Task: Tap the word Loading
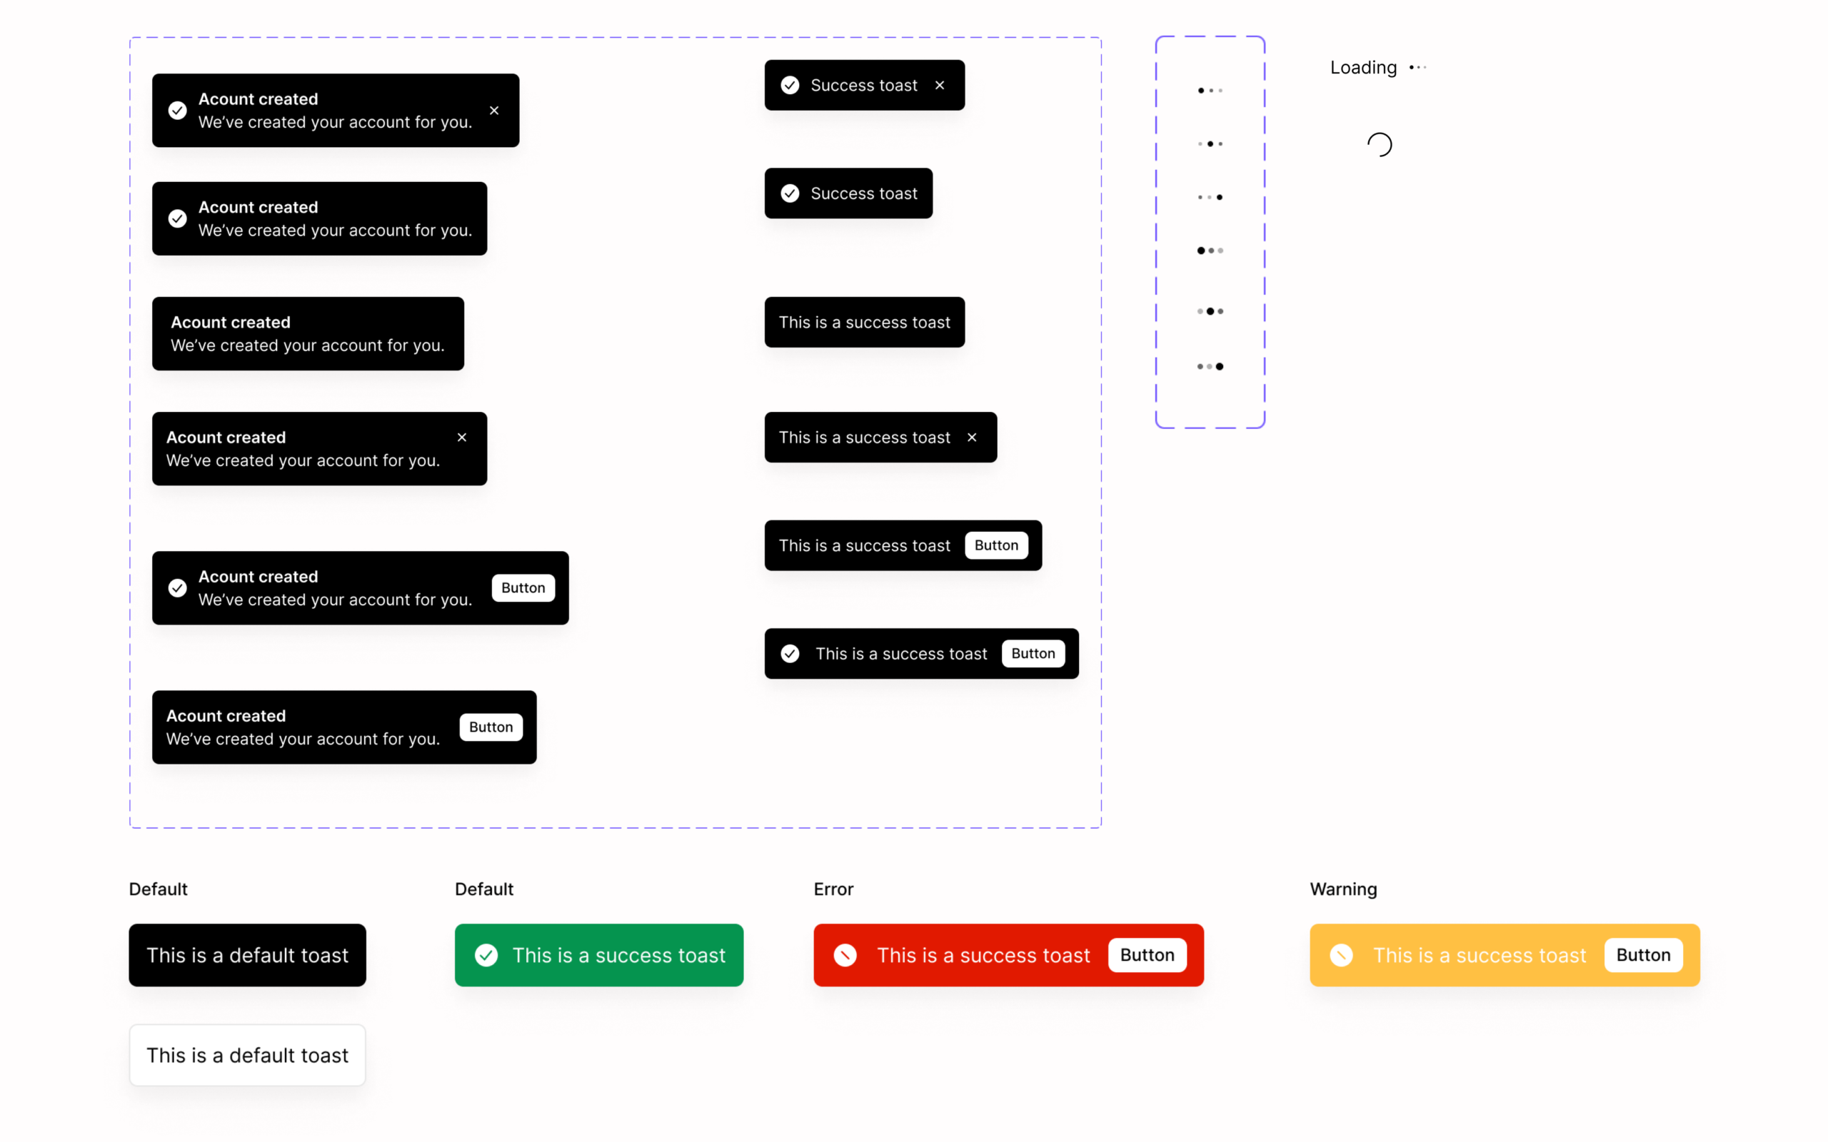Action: pos(1363,68)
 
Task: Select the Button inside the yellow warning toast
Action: pos(1643,956)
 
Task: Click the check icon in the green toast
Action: pos(486,956)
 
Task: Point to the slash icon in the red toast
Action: pos(845,956)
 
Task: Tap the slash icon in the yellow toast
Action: pos(1342,956)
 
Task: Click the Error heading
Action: pos(833,889)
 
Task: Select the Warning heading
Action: pos(1343,889)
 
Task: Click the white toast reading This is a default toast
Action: pos(247,1055)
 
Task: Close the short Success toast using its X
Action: pos(940,86)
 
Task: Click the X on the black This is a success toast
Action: pos(972,438)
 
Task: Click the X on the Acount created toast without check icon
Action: pos(462,438)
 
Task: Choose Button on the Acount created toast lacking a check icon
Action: pos(491,727)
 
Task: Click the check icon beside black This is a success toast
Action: pos(790,653)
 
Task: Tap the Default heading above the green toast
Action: pos(484,889)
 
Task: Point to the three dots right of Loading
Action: pos(1418,67)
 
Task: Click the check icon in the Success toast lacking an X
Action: pos(790,193)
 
